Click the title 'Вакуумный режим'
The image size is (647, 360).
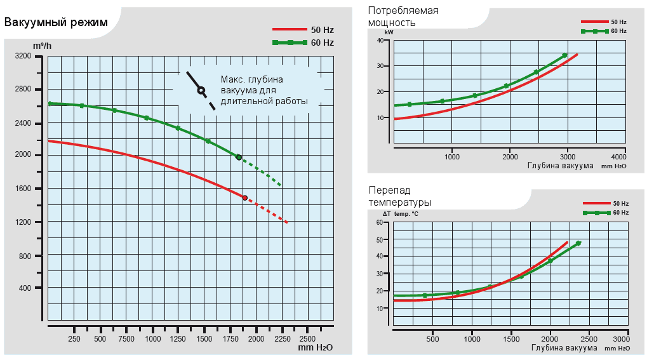point(56,23)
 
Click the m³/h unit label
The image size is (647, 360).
point(42,46)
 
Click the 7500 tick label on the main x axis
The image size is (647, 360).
point(126,339)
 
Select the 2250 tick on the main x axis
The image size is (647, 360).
point(282,339)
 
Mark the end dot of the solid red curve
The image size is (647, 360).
point(245,198)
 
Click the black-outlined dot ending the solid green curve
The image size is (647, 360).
point(239,157)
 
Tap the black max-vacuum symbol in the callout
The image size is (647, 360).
point(201,90)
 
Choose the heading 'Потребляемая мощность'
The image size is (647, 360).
point(403,17)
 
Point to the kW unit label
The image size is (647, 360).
point(389,32)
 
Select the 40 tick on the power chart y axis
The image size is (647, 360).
point(380,41)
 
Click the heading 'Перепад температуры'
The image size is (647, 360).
point(400,196)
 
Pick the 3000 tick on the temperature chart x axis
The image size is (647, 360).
point(620,340)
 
